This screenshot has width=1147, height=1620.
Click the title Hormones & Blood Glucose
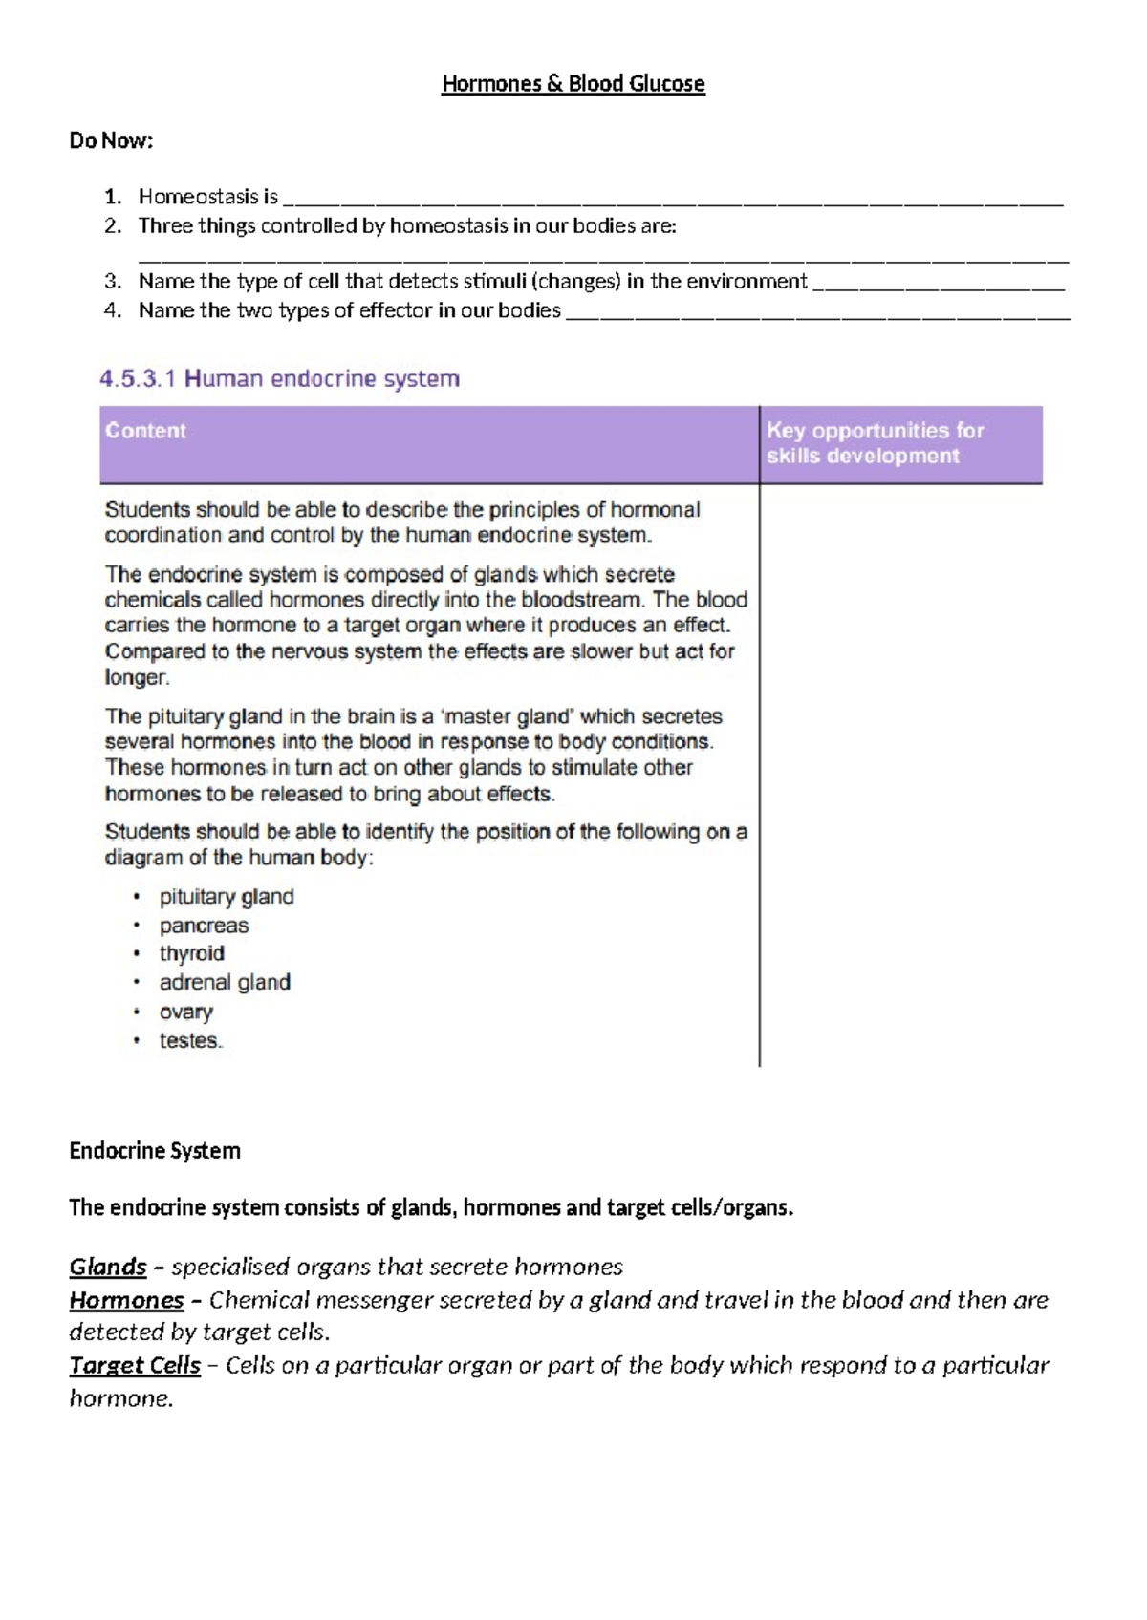pyautogui.click(x=573, y=84)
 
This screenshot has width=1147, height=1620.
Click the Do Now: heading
pyautogui.click(x=111, y=141)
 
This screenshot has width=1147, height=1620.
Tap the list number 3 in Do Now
pyautogui.click(x=112, y=282)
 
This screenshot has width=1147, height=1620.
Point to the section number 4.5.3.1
pyautogui.click(x=138, y=379)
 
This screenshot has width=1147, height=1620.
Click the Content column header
pyautogui.click(x=146, y=431)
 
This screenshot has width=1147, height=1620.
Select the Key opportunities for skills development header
pyautogui.click(x=875, y=443)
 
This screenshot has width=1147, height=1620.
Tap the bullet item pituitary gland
pyautogui.click(x=227, y=897)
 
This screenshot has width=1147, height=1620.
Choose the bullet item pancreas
pyautogui.click(x=204, y=926)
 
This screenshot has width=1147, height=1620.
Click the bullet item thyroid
pyautogui.click(x=192, y=953)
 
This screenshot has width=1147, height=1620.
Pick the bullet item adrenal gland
pyautogui.click(x=225, y=982)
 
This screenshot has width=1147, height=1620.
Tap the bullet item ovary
pyautogui.click(x=186, y=1012)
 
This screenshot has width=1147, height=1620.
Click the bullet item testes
pyautogui.click(x=190, y=1040)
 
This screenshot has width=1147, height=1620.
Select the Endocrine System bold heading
pyautogui.click(x=155, y=1151)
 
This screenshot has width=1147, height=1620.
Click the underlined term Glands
pyautogui.click(x=107, y=1268)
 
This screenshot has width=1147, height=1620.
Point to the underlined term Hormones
pyautogui.click(x=126, y=1300)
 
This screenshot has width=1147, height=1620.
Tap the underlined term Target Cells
pyautogui.click(x=135, y=1366)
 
